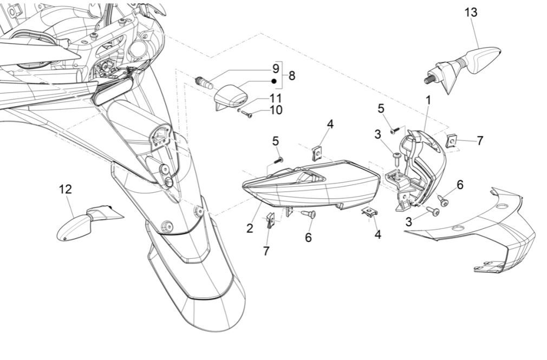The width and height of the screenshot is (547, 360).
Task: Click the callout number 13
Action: click(x=471, y=12)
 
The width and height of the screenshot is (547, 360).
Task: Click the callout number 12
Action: click(x=66, y=189)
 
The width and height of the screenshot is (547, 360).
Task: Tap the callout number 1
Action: click(x=428, y=100)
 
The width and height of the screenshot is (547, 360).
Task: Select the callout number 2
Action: click(x=250, y=228)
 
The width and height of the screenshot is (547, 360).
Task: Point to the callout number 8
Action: click(x=292, y=76)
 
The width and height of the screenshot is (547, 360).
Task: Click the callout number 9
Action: click(x=276, y=69)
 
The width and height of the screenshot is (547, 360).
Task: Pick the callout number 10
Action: click(x=276, y=110)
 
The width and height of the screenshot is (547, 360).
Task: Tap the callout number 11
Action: click(x=276, y=99)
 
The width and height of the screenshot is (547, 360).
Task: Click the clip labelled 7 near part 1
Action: click(x=451, y=141)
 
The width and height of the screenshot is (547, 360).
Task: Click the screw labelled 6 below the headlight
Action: click(x=310, y=215)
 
